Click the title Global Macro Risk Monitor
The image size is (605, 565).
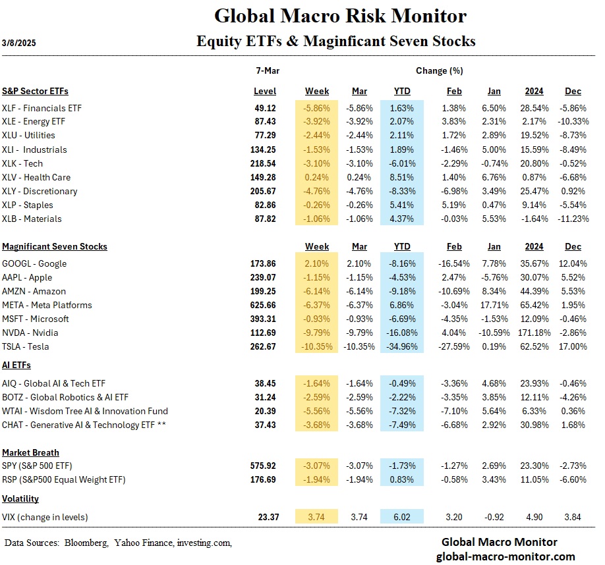tap(341, 15)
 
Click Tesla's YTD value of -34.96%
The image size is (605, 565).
tap(401, 346)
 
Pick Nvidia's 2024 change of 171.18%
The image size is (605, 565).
tap(534, 333)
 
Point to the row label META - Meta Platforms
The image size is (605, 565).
tap(47, 305)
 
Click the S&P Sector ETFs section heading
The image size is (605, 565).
tap(35, 91)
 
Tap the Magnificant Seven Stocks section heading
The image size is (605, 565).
tap(55, 246)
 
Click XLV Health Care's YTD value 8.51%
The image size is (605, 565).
tap(401, 176)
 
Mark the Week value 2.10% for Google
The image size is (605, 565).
tap(317, 263)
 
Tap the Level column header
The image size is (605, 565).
tap(265, 91)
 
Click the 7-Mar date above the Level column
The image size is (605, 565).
tap(265, 70)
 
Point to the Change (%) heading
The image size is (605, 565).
tap(439, 70)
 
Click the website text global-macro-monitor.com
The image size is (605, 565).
tap(500, 556)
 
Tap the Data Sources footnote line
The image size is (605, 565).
tap(119, 543)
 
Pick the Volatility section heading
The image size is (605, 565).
tap(20, 498)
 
